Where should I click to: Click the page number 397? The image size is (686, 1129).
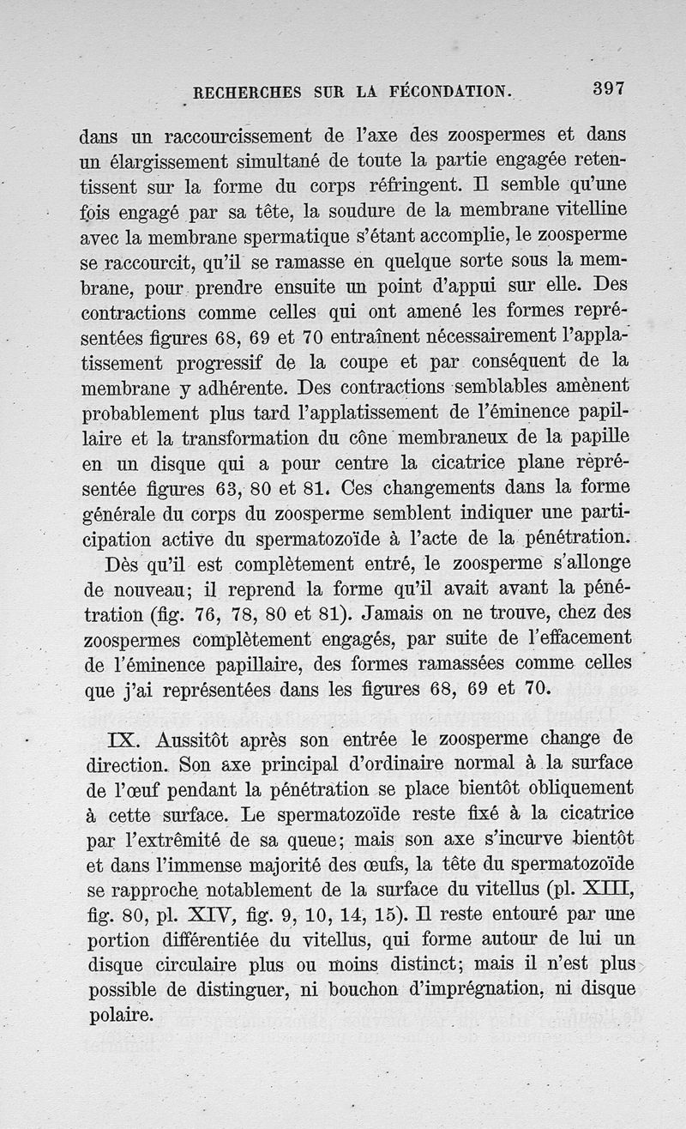coord(609,88)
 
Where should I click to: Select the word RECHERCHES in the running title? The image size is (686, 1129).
coord(248,93)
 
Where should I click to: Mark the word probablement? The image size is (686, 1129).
coord(139,414)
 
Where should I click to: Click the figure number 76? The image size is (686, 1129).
coord(223,614)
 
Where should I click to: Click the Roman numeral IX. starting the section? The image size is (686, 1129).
coord(126,739)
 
